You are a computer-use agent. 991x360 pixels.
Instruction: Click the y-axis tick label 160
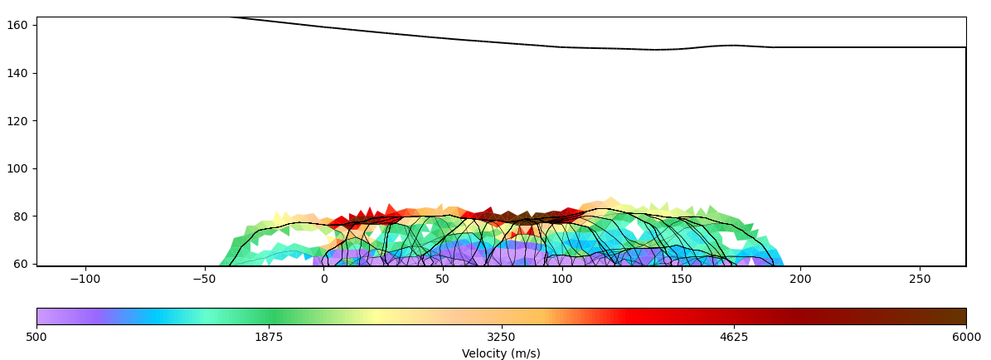(x=18, y=26)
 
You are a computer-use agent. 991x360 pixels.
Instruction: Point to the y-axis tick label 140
(x=18, y=73)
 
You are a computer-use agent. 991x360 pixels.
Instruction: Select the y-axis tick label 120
(x=18, y=121)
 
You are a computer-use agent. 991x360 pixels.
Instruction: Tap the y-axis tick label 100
(x=18, y=168)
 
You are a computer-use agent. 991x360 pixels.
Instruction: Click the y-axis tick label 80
(x=21, y=216)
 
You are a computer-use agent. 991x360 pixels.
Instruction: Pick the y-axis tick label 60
(x=21, y=264)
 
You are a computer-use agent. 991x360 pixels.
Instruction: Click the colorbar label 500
(x=36, y=337)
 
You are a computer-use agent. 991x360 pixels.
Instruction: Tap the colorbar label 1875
(x=269, y=337)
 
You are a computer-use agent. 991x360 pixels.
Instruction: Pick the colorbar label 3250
(x=501, y=337)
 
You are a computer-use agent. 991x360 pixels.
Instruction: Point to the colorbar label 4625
(x=734, y=337)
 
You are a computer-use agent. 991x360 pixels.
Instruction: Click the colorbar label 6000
(x=966, y=337)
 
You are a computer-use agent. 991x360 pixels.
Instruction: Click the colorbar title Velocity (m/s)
(x=501, y=353)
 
